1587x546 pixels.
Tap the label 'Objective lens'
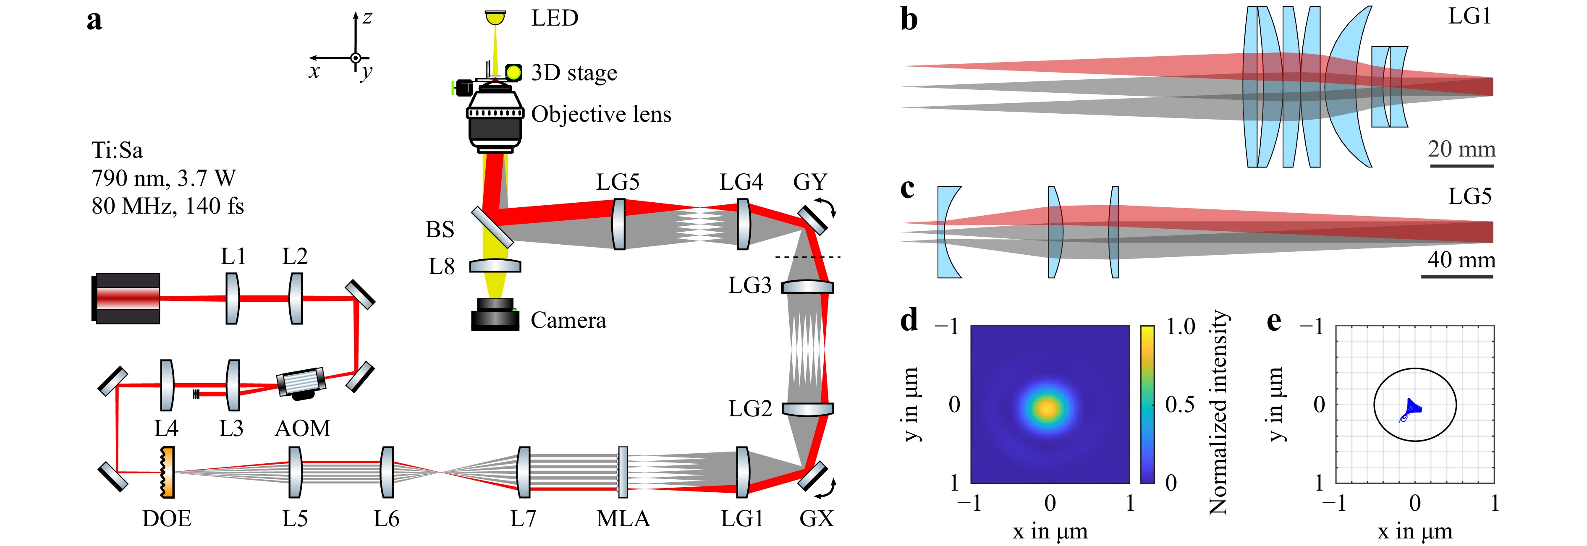601,115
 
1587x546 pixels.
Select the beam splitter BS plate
492,227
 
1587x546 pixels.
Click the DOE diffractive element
167,473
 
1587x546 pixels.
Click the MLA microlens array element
623,472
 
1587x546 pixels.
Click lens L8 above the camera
495,266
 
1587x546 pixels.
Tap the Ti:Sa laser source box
127,298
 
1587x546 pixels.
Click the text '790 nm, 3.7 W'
163,178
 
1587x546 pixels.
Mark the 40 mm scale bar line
1457,277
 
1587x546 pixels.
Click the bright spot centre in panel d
1048,408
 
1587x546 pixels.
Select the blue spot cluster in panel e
1412,409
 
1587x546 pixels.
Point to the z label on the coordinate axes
367,18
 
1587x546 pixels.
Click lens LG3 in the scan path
807,287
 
